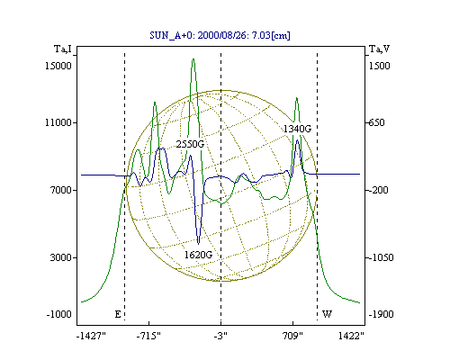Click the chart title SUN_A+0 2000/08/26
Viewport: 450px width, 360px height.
point(220,35)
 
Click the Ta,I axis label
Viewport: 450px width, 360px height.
point(63,49)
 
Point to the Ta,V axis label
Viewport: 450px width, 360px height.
point(379,49)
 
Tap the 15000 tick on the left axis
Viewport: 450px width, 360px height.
point(58,66)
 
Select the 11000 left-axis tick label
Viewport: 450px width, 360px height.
point(58,122)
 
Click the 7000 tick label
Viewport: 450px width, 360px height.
point(61,190)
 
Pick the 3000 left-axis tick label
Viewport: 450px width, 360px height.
point(61,257)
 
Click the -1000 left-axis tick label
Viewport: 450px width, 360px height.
point(59,314)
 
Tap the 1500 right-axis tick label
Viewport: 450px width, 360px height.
point(380,66)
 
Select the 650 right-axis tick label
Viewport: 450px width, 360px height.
point(376,122)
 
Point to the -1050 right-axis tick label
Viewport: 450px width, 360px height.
point(381,257)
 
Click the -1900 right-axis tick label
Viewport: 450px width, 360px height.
point(381,314)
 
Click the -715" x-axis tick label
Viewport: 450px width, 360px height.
point(148,336)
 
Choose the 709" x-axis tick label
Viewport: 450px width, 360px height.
point(292,336)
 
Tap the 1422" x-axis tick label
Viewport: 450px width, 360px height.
point(351,336)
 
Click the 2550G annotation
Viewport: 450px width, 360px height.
point(190,144)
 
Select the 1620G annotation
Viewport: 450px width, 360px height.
point(198,255)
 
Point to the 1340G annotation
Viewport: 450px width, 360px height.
point(297,129)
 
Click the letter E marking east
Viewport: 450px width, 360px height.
point(118,314)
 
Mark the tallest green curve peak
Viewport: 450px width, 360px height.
point(193,58)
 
